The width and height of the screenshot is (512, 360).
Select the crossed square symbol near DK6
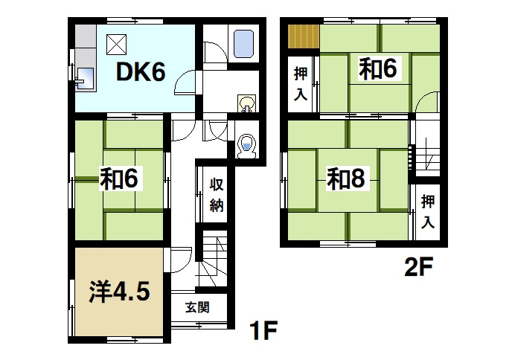115,45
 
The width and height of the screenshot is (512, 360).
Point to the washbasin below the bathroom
246,103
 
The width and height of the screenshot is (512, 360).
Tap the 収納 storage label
215,195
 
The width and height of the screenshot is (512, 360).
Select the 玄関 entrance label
196,306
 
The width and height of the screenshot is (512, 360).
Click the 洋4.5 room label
121,292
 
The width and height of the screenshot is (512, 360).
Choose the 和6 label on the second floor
379,69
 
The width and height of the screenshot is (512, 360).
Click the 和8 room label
348,179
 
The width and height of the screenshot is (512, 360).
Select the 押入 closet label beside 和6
300,83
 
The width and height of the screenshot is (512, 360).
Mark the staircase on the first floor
211,260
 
